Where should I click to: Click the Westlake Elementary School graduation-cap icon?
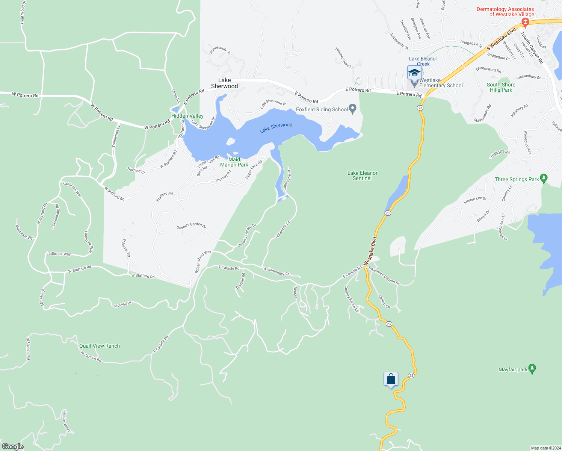(x=414, y=72)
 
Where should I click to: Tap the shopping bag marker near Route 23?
(x=391, y=378)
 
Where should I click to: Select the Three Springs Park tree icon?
(x=543, y=178)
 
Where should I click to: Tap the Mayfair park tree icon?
(x=532, y=368)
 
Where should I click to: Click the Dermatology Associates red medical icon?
(x=526, y=23)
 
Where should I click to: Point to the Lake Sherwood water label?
(x=276, y=127)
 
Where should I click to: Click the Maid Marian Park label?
(x=234, y=162)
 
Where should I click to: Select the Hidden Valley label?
(x=187, y=116)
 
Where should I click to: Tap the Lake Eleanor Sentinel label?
(x=362, y=176)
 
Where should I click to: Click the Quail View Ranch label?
(x=100, y=346)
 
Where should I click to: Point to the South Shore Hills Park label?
(x=501, y=87)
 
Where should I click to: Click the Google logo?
(x=12, y=446)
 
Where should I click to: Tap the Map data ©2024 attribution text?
(x=545, y=448)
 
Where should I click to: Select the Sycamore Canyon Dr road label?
(x=384, y=275)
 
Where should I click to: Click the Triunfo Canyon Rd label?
(x=532, y=47)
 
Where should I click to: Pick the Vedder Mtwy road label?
(x=66, y=421)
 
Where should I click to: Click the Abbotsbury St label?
(x=220, y=50)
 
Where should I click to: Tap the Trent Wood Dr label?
(x=23, y=15)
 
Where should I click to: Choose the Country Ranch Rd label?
(x=352, y=299)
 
